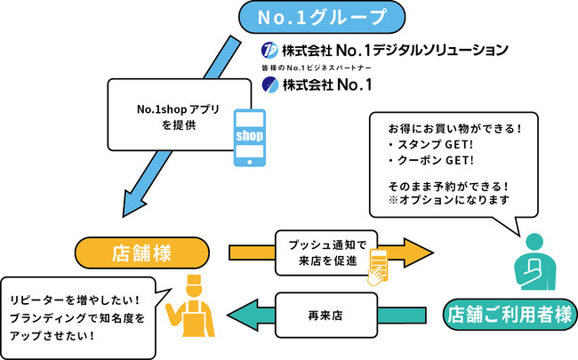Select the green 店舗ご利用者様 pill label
tap(510, 312)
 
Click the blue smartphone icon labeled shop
tap(250, 138)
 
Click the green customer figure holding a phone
tap(534, 263)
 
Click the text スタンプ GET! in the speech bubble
tap(424, 144)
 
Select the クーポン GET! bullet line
tap(424, 161)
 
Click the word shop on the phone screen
tap(250, 135)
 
